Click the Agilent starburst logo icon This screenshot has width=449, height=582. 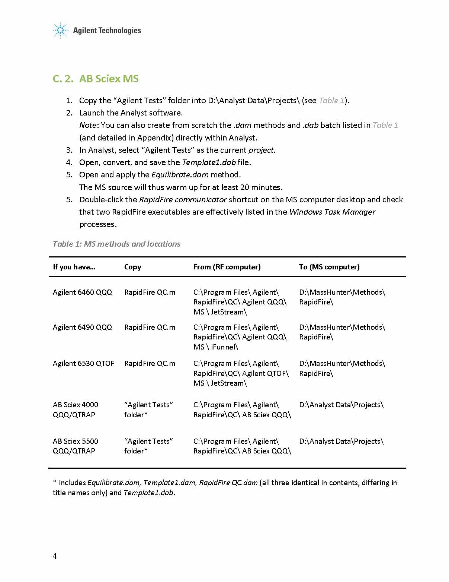(60, 30)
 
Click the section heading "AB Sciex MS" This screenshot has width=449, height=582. (109, 79)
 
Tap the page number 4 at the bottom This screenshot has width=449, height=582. (55, 556)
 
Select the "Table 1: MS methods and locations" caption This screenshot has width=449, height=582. (116, 244)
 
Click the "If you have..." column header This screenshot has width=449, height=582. (74, 267)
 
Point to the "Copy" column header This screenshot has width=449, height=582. (133, 267)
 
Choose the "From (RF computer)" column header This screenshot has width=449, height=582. (227, 267)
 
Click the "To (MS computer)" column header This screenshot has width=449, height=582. (329, 267)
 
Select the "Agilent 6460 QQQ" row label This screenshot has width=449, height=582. (82, 292)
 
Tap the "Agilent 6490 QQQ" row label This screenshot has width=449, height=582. (82, 327)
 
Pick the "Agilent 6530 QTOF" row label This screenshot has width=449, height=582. (83, 363)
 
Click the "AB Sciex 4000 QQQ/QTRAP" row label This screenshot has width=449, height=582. (75, 409)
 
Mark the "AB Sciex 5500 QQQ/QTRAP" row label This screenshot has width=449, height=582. (75, 446)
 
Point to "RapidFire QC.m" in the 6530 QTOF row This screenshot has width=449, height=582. (150, 363)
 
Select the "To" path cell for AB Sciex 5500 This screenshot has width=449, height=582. (341, 441)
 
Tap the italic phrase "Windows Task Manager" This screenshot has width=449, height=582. (332, 212)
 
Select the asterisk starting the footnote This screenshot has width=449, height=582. (55, 482)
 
